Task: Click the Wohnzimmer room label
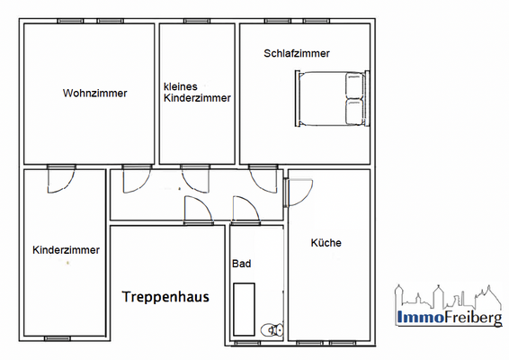point(94,93)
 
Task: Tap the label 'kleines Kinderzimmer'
point(197,93)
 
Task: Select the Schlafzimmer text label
point(297,53)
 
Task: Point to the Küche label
point(326,242)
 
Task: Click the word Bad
point(241,264)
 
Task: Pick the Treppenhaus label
point(165,295)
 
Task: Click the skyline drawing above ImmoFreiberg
point(446,296)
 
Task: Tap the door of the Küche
point(298,191)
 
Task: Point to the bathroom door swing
point(244,209)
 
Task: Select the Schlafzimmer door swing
point(263,178)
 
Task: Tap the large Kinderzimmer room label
point(66,250)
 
